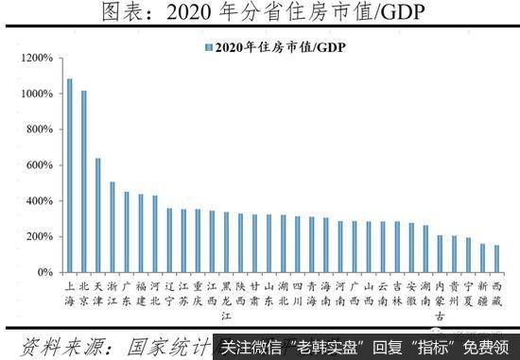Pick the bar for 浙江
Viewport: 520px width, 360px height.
coord(112,227)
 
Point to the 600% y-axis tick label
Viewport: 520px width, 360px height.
coord(39,165)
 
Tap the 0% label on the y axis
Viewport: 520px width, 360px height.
coord(44,272)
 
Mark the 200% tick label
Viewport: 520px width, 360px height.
coord(39,236)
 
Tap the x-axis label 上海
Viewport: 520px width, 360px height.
coord(69,292)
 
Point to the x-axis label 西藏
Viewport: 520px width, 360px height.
coord(496,292)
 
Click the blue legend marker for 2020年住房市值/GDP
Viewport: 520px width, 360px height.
coord(207,47)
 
